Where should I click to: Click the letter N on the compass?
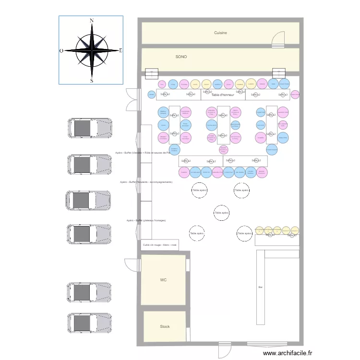(x=91, y=21)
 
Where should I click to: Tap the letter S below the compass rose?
(x=91, y=81)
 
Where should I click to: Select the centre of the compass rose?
(x=91, y=50)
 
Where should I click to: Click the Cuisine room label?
(x=220, y=33)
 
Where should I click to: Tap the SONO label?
(x=181, y=57)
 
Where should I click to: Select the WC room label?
(x=163, y=279)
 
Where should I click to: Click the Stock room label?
(x=165, y=326)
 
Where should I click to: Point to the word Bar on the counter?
(x=261, y=287)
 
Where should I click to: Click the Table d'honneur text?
(x=223, y=95)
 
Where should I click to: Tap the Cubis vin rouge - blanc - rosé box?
(x=160, y=244)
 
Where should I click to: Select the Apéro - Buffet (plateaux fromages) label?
(x=146, y=220)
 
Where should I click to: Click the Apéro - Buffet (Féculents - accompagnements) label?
(x=146, y=182)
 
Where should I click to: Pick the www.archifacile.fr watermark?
(x=288, y=353)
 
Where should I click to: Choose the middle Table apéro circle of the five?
(x=221, y=212)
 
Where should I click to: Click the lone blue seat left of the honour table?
(x=152, y=95)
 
